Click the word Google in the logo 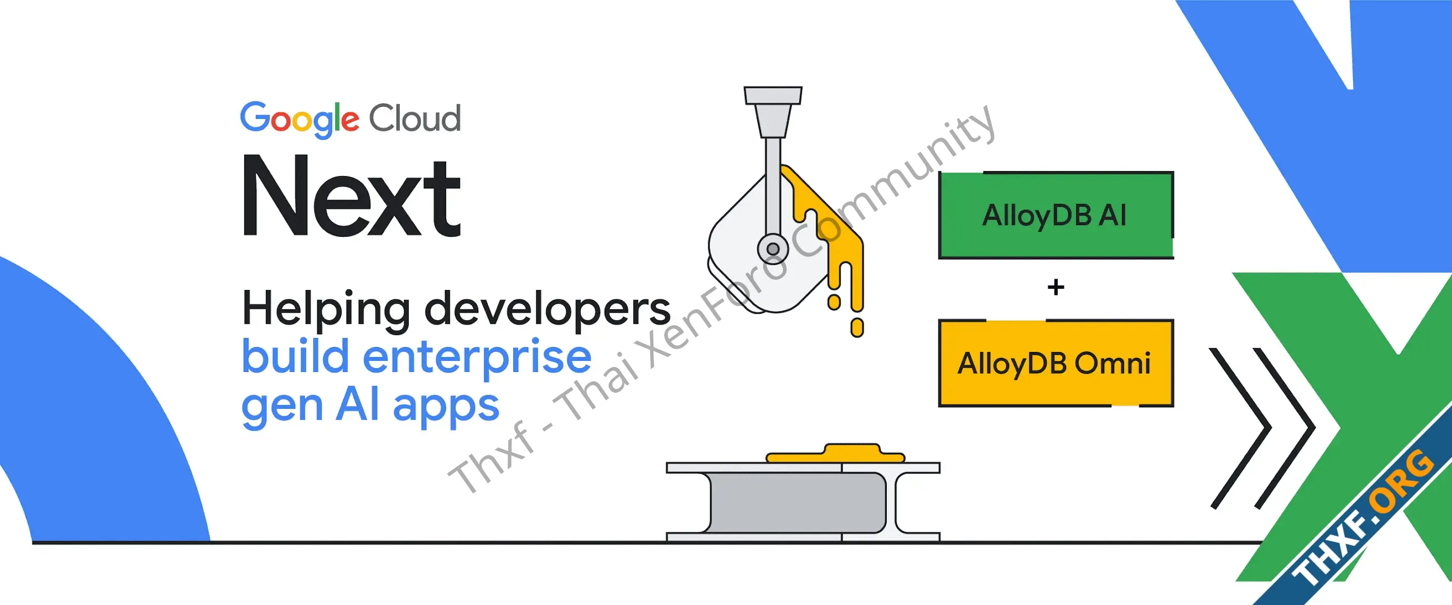tap(299, 120)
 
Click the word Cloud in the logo tap(415, 118)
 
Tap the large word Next tap(352, 195)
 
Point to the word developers tap(547, 309)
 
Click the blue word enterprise tap(477, 358)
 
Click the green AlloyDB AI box tap(1055, 216)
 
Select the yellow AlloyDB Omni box tap(1055, 363)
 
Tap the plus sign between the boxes tap(1055, 288)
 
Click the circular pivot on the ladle tap(773, 249)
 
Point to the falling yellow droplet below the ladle tap(857, 327)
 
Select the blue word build tap(296, 356)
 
